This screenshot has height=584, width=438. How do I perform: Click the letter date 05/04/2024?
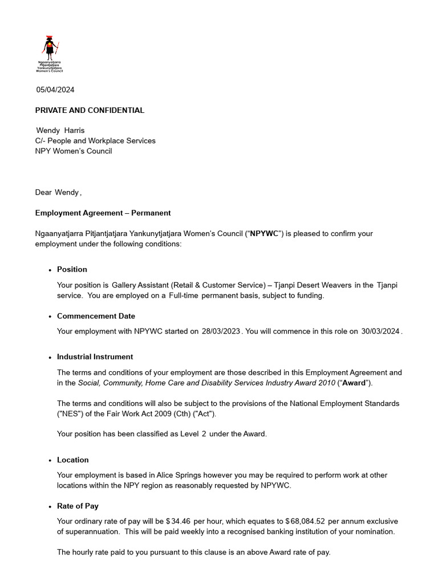click(55, 90)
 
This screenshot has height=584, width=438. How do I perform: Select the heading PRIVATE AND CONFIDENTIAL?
click(90, 110)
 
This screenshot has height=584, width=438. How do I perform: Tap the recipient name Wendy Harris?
click(60, 131)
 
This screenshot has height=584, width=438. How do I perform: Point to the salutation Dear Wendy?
click(58, 192)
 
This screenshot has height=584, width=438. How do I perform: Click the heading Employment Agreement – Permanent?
click(103, 213)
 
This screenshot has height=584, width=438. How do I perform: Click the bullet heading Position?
click(72, 269)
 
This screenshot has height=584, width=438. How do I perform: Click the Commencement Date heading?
click(96, 316)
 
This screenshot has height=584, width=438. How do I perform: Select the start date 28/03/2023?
click(221, 331)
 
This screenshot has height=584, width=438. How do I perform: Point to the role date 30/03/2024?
click(380, 331)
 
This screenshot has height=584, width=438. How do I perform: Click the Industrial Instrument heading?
click(95, 356)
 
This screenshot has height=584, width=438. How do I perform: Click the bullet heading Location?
click(72, 460)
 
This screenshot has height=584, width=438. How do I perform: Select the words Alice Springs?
click(157, 475)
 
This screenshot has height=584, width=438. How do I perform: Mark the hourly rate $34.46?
click(179, 521)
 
